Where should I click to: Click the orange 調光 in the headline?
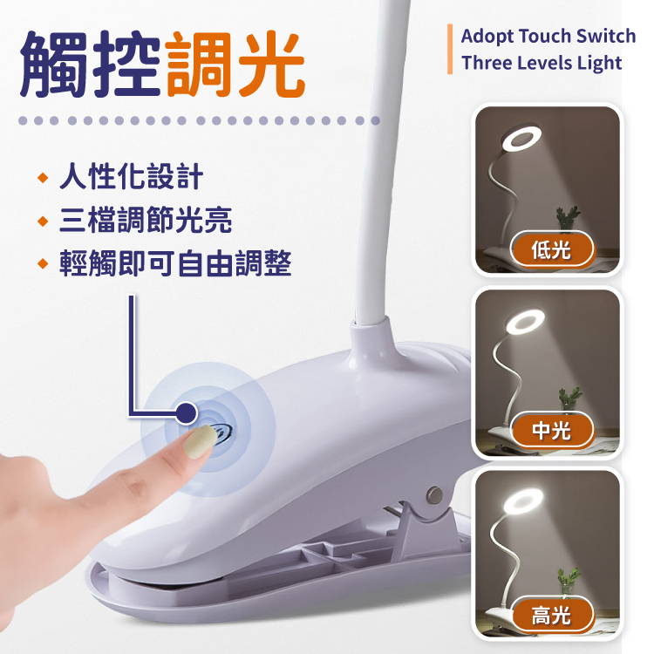235,65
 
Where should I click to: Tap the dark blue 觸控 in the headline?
90,65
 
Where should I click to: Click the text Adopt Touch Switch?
548,37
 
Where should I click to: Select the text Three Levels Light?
542,64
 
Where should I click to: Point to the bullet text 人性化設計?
131,176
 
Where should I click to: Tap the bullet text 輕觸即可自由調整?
175,263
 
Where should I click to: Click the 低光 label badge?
552,249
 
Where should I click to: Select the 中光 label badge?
552,431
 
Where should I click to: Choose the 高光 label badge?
552,615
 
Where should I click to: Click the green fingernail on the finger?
201,442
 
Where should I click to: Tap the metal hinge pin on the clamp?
435,494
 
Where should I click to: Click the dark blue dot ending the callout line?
186,413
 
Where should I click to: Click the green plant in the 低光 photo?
568,217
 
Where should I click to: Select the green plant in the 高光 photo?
569,580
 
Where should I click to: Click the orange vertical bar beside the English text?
450,49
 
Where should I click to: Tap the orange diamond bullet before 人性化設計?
43,178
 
